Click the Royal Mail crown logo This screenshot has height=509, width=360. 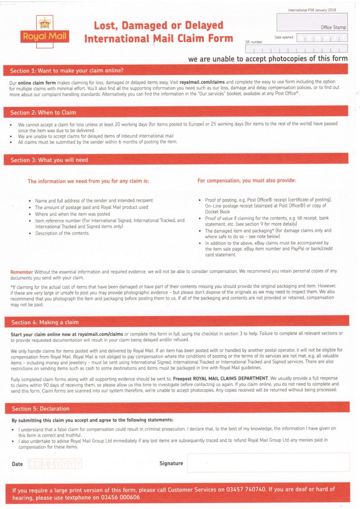coord(44,30)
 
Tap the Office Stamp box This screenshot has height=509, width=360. coord(311,22)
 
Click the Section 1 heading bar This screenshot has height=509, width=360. coord(175,71)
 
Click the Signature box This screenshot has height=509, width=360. coord(268,462)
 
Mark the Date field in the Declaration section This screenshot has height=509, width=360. coord(55,464)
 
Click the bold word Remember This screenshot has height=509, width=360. coord(22,272)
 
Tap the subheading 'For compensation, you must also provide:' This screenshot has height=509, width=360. coord(247,181)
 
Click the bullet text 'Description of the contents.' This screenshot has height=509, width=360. coord(63,233)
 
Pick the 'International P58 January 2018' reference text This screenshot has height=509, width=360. coord(311,10)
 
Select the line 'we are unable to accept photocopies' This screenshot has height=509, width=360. coord(268,58)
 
